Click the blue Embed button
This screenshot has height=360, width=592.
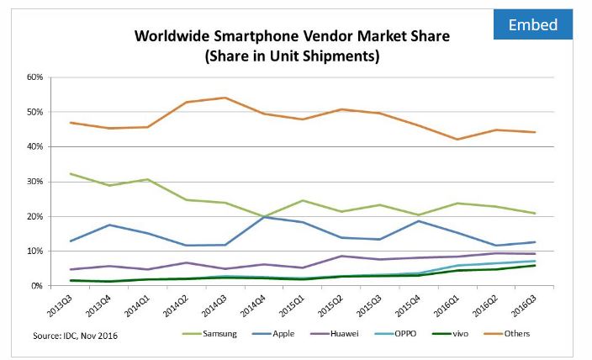[x=533, y=24]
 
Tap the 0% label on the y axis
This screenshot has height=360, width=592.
[x=36, y=286]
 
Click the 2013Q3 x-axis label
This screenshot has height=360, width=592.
[x=61, y=304]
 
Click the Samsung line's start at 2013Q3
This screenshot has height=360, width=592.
[x=71, y=174]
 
